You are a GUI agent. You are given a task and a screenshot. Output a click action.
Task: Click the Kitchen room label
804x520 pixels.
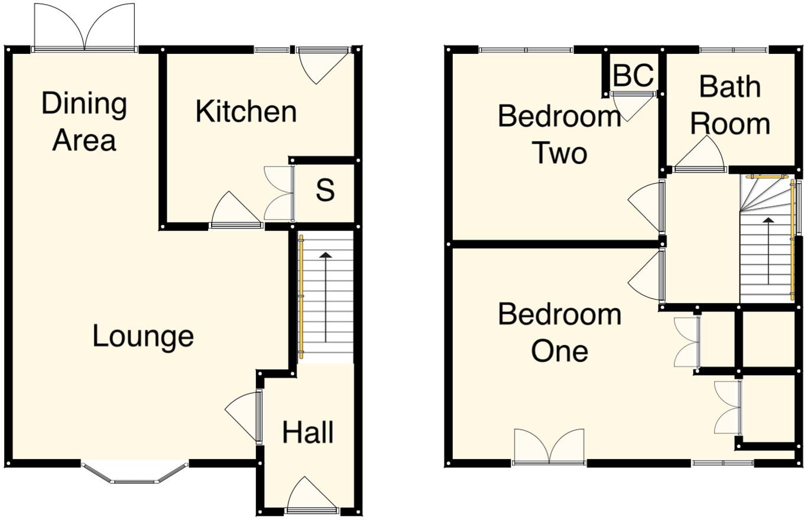[x=246, y=112]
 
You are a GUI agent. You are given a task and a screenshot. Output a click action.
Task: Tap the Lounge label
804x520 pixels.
[x=143, y=336]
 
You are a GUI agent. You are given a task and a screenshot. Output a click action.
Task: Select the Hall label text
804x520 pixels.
[x=308, y=433]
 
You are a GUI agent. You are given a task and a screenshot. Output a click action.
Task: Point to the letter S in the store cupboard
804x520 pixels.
[x=325, y=190]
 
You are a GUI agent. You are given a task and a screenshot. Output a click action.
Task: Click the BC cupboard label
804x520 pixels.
[x=633, y=76]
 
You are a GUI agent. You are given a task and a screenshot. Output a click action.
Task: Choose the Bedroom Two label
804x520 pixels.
[x=559, y=134]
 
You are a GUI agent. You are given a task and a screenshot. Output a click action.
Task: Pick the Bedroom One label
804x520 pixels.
[x=559, y=333]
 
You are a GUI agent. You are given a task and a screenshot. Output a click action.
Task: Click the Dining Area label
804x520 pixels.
[x=84, y=122]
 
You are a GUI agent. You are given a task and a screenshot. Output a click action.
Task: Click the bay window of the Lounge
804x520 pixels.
[x=135, y=473]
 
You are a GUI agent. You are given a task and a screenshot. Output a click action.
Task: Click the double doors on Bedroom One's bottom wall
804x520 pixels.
[x=549, y=447]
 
